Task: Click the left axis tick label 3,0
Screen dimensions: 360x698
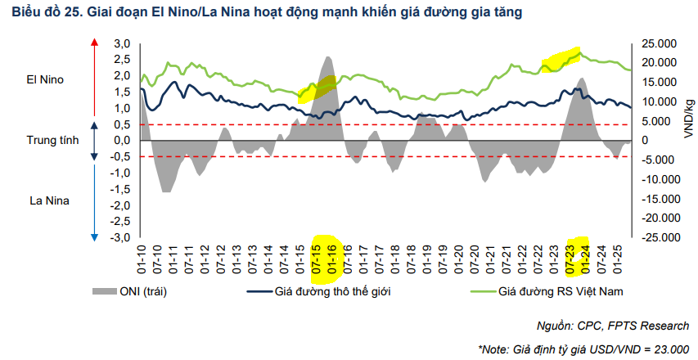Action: [x=122, y=43]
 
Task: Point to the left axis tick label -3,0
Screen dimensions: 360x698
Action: [x=120, y=238]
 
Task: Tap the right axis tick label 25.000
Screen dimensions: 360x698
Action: [x=659, y=43]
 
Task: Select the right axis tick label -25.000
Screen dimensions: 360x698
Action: [x=656, y=238]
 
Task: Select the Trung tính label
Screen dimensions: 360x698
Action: [x=52, y=140]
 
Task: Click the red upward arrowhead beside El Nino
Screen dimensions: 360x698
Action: [x=94, y=43]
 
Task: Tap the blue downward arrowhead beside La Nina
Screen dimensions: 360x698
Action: [x=94, y=236]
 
